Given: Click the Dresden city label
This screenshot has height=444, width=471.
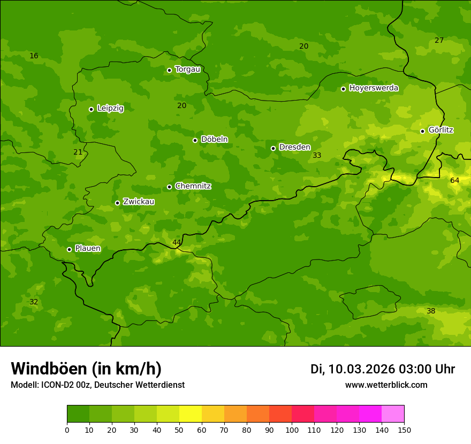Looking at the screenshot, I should point(294,147).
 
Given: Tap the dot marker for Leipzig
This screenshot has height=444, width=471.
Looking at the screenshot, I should point(91,109).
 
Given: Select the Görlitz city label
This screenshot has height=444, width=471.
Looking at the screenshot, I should point(440,130).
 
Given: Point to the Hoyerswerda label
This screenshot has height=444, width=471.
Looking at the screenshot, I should point(374,88).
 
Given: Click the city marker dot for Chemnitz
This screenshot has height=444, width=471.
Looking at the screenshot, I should point(169,187).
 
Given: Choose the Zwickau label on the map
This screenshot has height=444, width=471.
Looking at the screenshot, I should point(139,202).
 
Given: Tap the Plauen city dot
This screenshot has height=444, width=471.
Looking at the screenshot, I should point(69,249).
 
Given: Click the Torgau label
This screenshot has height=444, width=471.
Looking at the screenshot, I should point(187,69).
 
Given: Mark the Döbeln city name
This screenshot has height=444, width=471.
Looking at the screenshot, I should point(214,139).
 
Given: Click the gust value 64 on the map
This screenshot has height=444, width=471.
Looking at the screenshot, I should point(454,180).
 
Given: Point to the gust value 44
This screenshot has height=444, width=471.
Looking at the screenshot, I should point(177,242).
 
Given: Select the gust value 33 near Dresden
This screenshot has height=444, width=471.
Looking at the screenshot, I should point(317,155).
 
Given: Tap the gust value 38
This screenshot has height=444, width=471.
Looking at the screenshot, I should point(431,311).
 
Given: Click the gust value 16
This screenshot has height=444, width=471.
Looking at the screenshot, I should point(34,56).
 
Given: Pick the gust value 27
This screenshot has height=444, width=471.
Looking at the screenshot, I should point(439,40).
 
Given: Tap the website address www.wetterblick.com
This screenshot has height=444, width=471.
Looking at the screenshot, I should point(386,385).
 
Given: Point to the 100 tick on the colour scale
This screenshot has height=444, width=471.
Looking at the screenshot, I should point(292,429).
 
